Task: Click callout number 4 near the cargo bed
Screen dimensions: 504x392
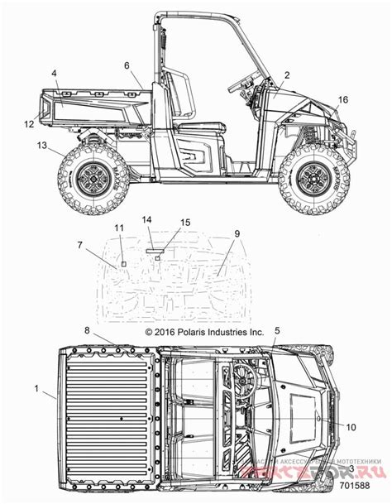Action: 55,74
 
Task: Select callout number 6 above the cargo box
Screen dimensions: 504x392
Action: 127,65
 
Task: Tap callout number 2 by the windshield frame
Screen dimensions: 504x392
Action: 287,75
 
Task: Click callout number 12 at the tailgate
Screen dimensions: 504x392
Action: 28,124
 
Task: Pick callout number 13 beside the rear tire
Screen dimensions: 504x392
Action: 41,145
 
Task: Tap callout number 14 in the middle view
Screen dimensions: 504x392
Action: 147,219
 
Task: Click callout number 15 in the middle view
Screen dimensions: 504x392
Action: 185,223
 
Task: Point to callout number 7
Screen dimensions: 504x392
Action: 80,244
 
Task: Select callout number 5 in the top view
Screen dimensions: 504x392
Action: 276,330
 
